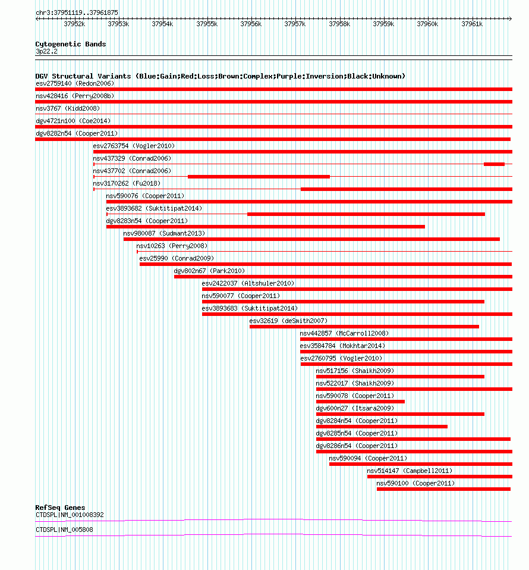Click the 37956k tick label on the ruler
[x=251, y=24]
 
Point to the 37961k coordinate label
[x=472, y=24]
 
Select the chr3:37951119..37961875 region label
[x=77, y=12]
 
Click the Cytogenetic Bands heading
[x=71, y=44]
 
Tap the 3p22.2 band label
[x=46, y=51]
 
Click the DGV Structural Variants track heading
[x=220, y=76]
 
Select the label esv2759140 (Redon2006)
[x=75, y=83]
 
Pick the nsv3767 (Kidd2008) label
[x=68, y=108]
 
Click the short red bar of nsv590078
[x=360, y=402]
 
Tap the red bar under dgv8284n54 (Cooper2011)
[x=382, y=427]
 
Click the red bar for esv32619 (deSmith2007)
[x=364, y=327]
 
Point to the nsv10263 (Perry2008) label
[x=172, y=246]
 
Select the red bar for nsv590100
[x=443, y=489]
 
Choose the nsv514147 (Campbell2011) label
[x=410, y=471]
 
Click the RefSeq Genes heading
[x=60, y=508]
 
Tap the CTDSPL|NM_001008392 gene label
[x=70, y=515]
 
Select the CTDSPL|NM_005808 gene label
[x=64, y=530]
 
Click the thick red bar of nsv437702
[x=259, y=177]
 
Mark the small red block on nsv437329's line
[x=494, y=164]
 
